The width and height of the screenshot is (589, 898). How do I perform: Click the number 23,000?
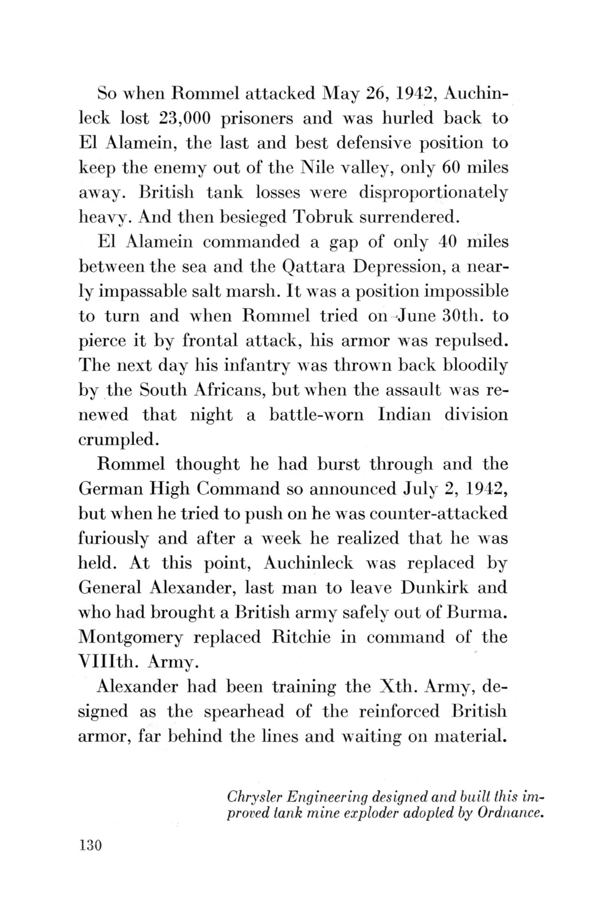click(184, 118)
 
